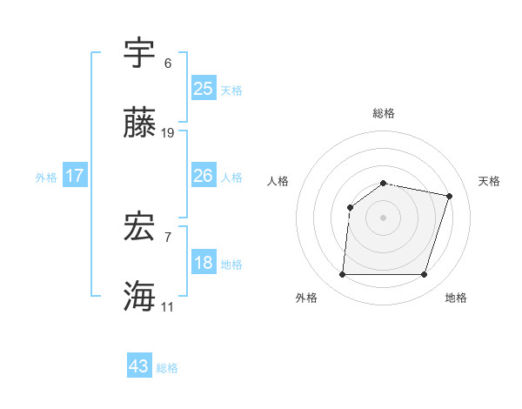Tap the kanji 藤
[140, 123]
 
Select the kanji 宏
[140, 226]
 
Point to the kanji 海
[140, 296]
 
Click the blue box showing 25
[204, 89]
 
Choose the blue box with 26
[204, 176]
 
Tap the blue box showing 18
[204, 263]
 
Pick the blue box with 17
[75, 176]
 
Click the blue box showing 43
[139, 366]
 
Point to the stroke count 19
[168, 133]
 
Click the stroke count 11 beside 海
[168, 307]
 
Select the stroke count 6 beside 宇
[168, 64]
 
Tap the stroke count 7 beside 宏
[168, 237]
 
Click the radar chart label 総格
[384, 113]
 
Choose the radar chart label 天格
[489, 181]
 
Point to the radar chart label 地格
[456, 298]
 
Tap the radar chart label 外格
[306, 298]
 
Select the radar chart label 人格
[278, 181]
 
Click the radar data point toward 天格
[449, 196]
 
